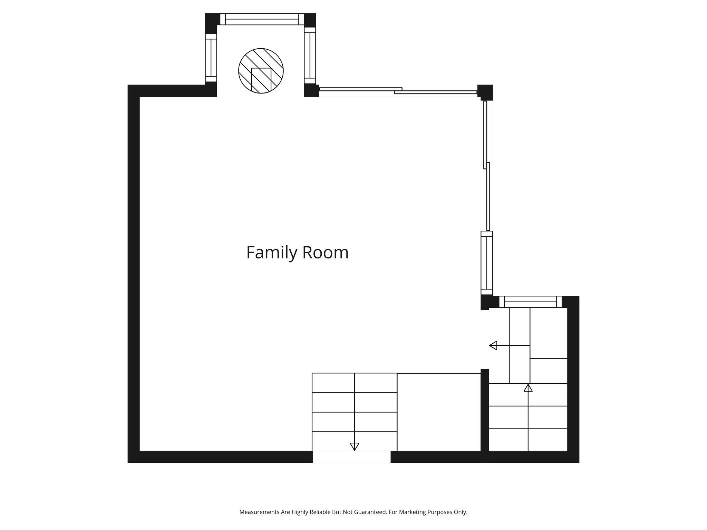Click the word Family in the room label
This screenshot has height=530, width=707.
coord(271,253)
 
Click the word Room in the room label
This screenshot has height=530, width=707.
coord(326,252)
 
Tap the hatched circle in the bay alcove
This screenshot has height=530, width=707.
coord(261,71)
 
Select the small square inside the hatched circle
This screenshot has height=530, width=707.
coord(261,80)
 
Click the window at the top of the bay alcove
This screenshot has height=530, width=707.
coord(262,19)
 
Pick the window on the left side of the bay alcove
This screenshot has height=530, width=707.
coord(211,58)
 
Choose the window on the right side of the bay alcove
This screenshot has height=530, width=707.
coord(310,55)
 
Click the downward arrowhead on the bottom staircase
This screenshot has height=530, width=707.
coord(355,447)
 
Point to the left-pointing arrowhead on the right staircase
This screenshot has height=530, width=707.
coord(493,345)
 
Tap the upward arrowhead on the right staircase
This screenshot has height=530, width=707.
coord(528,388)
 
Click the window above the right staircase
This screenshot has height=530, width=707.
coord(531,302)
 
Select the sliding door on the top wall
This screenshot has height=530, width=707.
coord(398,91)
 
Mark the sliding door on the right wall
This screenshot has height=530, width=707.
coord(487,166)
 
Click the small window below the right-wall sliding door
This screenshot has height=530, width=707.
coord(487,263)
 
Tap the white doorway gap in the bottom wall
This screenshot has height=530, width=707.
coord(352,457)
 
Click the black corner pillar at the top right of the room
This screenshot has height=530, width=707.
coord(485,92)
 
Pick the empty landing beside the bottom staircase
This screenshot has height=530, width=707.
coord(439,412)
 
